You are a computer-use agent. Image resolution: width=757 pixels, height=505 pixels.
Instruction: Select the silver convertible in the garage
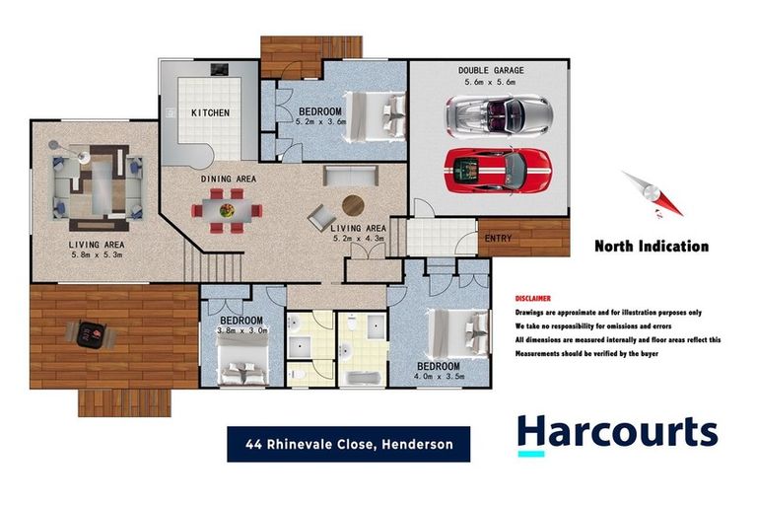tap(497, 115)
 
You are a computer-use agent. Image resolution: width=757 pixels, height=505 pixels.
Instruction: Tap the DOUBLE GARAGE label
tap(490, 71)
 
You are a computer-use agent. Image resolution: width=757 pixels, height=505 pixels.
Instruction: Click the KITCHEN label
tap(210, 112)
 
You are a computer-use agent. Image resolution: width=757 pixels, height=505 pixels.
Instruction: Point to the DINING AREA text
tap(229, 179)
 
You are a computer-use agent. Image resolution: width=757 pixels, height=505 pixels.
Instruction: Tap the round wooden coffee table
tap(352, 205)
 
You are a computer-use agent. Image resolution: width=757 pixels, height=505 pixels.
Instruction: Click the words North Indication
tap(651, 247)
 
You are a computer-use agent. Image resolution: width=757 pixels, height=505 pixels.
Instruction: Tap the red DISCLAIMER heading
tap(533, 298)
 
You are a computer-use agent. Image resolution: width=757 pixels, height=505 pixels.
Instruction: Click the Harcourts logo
tap(617, 434)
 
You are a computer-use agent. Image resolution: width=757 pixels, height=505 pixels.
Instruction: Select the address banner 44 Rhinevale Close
tap(348, 444)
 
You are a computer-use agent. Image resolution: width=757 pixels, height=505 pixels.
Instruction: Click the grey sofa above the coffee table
tap(350, 177)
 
